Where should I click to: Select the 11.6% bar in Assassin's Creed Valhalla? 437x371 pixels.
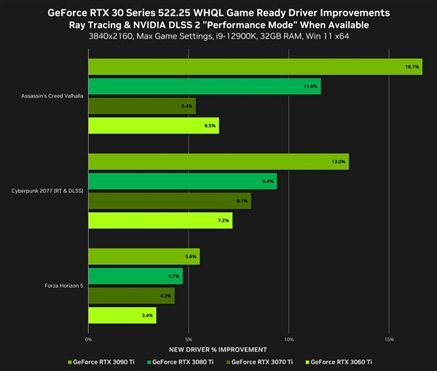(204, 87)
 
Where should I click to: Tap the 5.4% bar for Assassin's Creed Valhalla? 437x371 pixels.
(142, 106)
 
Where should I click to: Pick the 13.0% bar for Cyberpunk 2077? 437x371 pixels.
(219, 162)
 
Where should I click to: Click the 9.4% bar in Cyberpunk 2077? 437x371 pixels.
(182, 181)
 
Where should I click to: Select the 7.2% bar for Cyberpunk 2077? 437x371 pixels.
(160, 220)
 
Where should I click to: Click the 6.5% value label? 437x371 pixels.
(210, 126)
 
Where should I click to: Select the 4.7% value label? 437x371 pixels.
(173, 276)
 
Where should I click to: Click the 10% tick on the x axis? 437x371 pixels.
(288, 339)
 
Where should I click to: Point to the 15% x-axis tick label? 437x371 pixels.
(389, 339)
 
